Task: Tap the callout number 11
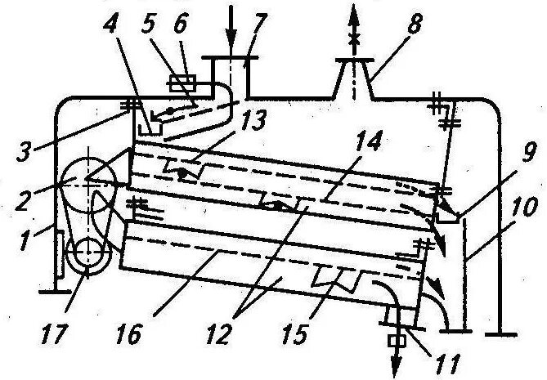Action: pos(446,359)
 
